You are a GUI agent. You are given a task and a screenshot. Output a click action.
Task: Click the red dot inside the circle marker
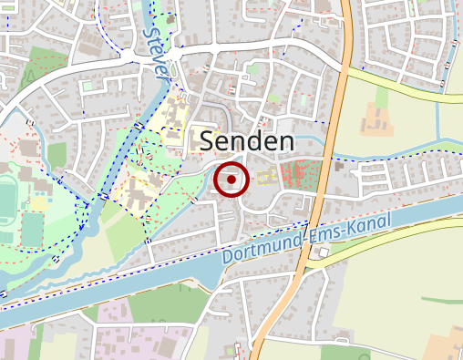point(231,180)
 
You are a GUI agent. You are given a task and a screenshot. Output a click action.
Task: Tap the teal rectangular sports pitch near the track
point(32,228)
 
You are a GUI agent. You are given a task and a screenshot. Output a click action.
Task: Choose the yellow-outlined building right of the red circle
point(267,178)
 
